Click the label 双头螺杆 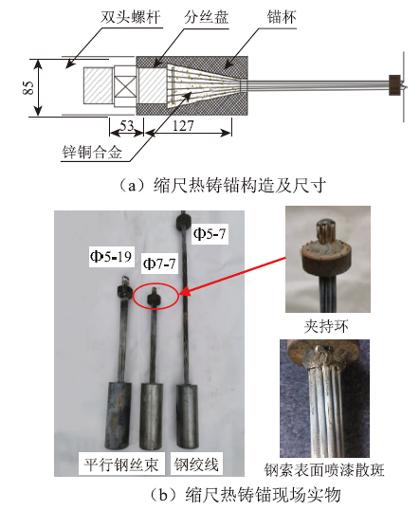pyautogui.click(x=130, y=17)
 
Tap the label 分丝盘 pyautogui.click(x=206, y=17)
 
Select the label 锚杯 pyautogui.click(x=282, y=17)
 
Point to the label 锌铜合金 pyautogui.click(x=92, y=152)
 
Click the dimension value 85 pyautogui.click(x=28, y=87)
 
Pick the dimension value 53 pyautogui.click(x=126, y=125)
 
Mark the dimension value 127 pyautogui.click(x=183, y=126)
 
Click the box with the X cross pyautogui.click(x=125, y=86)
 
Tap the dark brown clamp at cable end pyautogui.click(x=394, y=85)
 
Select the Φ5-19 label pyautogui.click(x=111, y=257)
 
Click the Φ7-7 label pyautogui.click(x=159, y=264)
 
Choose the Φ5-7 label pyautogui.click(x=210, y=233)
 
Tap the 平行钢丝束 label pyautogui.click(x=121, y=464)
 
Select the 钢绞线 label pyautogui.click(x=196, y=464)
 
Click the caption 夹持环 pyautogui.click(x=326, y=326)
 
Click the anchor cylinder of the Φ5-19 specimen pyautogui.click(x=119, y=415)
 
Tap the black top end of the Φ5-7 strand pyautogui.click(x=184, y=222)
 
